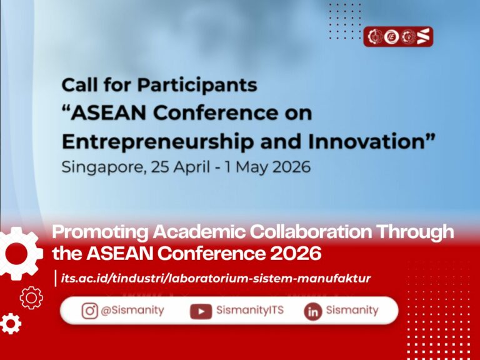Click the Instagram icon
click(x=90, y=311)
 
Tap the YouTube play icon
click(x=201, y=311)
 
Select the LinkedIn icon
click(x=313, y=312)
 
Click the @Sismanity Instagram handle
click(x=132, y=311)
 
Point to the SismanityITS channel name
click(x=250, y=310)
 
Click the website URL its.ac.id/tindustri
click(x=216, y=279)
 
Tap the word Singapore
click(x=102, y=167)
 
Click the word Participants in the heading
click(x=197, y=86)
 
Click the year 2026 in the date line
click(x=291, y=167)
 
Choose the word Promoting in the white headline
click(x=100, y=232)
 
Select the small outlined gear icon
click(x=31, y=298)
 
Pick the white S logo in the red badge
click(x=423, y=36)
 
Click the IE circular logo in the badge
click(x=391, y=37)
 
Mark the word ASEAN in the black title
click(x=108, y=113)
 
